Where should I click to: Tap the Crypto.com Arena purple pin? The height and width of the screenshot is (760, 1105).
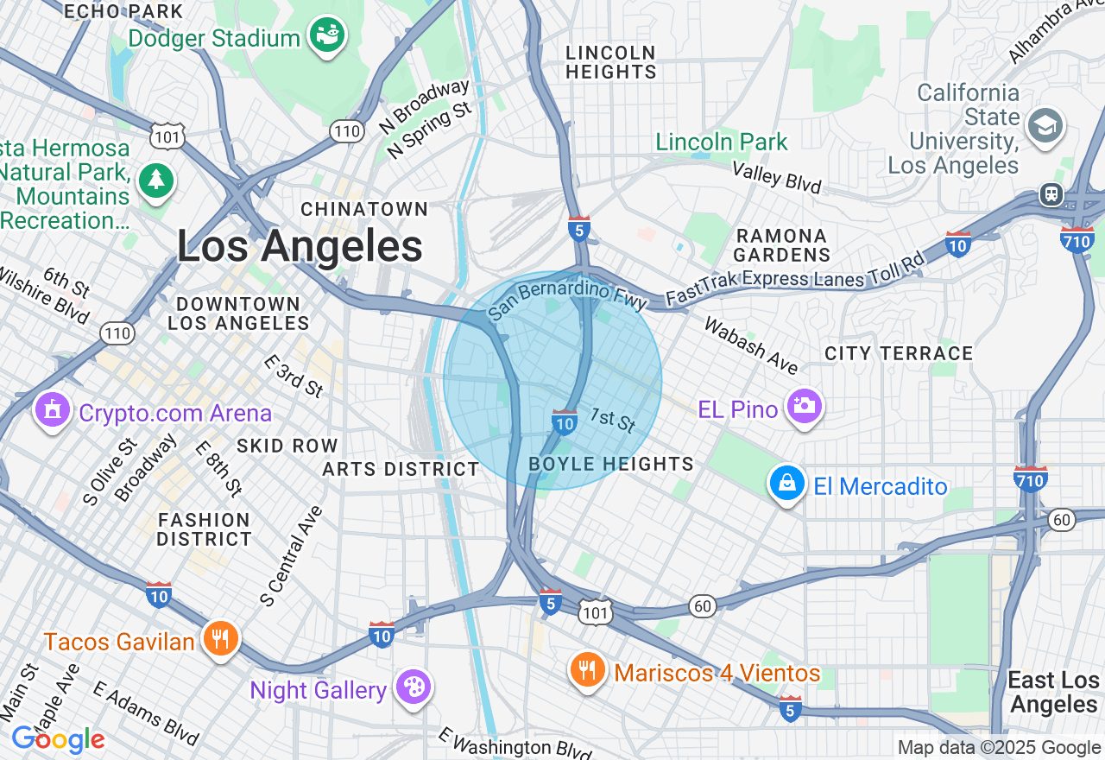pyautogui.click(x=53, y=410)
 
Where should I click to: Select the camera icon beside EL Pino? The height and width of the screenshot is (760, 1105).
pyautogui.click(x=804, y=406)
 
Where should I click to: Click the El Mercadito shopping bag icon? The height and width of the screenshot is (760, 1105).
pyautogui.click(x=787, y=484)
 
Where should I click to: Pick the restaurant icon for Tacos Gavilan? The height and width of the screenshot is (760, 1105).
pyautogui.click(x=221, y=640)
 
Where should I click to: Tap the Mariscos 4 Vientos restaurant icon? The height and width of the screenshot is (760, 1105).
pyautogui.click(x=587, y=669)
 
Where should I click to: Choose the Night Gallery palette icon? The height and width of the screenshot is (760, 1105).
pyautogui.click(x=413, y=688)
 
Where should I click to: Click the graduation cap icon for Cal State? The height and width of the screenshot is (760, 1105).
pyautogui.click(x=1045, y=126)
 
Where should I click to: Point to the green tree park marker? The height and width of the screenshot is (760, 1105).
pyautogui.click(x=156, y=180)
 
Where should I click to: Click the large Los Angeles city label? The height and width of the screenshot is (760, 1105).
pyautogui.click(x=300, y=246)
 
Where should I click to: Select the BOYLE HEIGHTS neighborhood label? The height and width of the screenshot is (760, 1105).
pyautogui.click(x=611, y=465)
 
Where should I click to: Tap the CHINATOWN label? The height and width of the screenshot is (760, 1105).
pyautogui.click(x=364, y=209)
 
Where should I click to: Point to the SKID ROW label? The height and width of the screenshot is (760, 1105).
pyautogui.click(x=287, y=446)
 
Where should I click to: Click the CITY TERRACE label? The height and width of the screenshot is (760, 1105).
pyautogui.click(x=899, y=353)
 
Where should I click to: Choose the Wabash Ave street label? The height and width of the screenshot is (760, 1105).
pyautogui.click(x=750, y=345)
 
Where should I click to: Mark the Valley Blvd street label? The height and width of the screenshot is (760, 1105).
pyautogui.click(x=776, y=178)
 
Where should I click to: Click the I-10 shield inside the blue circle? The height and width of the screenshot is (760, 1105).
pyautogui.click(x=565, y=422)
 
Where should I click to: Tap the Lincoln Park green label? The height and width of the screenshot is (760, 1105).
pyautogui.click(x=722, y=142)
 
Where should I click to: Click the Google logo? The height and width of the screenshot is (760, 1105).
pyautogui.click(x=58, y=739)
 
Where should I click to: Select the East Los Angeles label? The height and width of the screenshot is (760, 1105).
pyautogui.click(x=1053, y=692)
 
